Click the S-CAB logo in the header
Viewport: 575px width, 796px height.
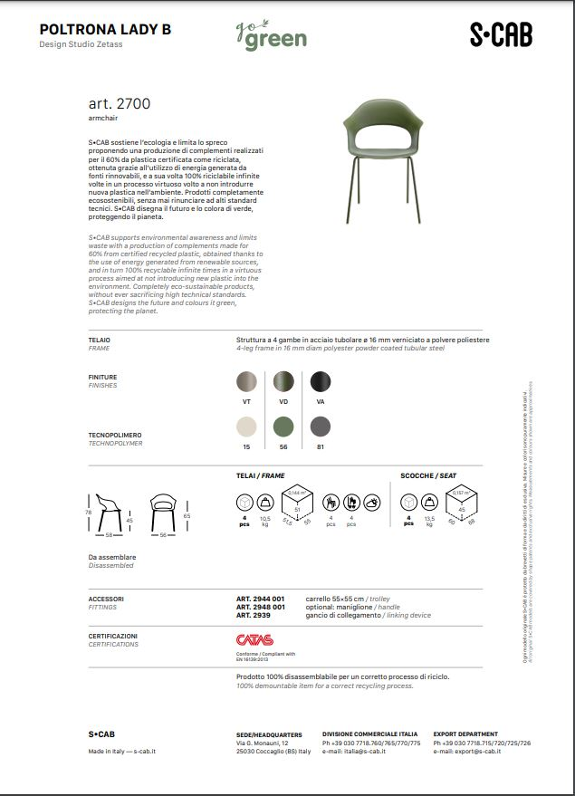click(x=500, y=34)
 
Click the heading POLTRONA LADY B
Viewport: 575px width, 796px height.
click(x=105, y=30)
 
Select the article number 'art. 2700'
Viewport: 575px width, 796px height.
click(x=120, y=104)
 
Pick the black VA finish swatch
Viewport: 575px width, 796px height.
click(x=321, y=382)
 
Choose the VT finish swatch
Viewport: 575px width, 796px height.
click(x=246, y=382)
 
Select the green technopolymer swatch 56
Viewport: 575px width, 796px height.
click(x=283, y=427)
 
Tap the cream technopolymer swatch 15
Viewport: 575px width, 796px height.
click(x=246, y=427)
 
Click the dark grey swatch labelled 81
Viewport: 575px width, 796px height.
click(x=321, y=427)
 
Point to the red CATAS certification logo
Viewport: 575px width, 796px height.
click(x=254, y=639)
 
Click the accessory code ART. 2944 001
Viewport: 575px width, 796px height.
click(x=260, y=599)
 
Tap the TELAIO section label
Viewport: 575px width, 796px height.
click(x=100, y=340)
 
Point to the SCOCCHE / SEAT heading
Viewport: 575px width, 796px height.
click(x=428, y=475)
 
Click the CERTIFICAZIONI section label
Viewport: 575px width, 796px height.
click(x=113, y=636)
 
